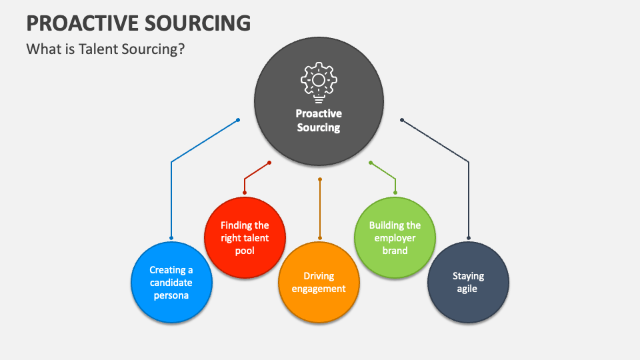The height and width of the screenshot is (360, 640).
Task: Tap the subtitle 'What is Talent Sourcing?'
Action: click(105, 49)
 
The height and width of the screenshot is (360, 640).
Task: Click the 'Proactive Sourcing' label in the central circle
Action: click(319, 121)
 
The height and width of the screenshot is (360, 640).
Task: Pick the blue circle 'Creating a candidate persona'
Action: click(171, 283)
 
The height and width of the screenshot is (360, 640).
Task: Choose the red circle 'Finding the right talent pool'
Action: click(245, 238)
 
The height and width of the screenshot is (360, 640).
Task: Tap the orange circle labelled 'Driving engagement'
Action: click(319, 283)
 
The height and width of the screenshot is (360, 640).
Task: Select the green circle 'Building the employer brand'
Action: click(395, 238)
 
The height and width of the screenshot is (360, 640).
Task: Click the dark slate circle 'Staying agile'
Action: click(468, 283)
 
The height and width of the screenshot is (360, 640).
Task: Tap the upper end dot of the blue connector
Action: click(238, 120)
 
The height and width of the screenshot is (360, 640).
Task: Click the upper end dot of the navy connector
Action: click(401, 120)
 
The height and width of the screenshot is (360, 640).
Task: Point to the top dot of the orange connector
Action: click(320, 179)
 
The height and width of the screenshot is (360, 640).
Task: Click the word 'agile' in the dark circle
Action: click(468, 289)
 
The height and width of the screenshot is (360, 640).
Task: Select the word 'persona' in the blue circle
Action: click(171, 295)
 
